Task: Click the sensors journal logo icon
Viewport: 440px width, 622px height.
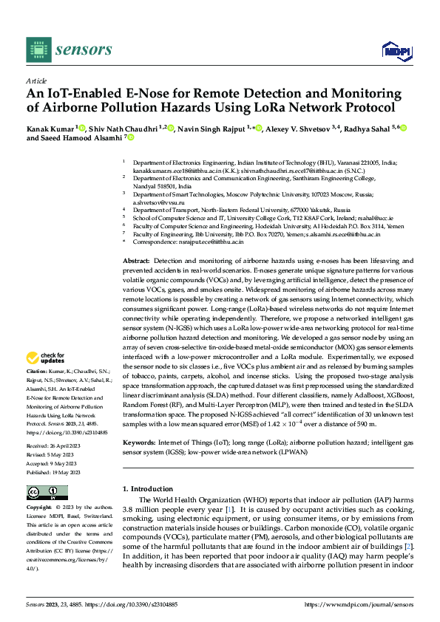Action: pyautogui.click(x=38, y=49)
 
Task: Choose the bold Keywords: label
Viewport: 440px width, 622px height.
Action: pyautogui.click(x=139, y=442)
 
